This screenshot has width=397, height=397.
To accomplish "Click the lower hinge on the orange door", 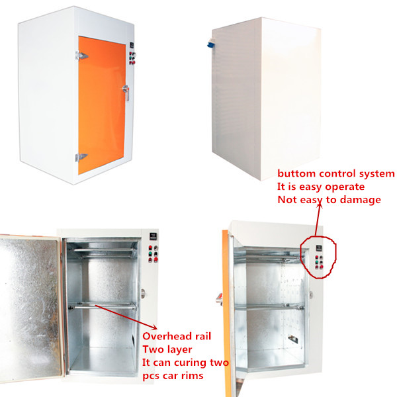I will coord(80,157).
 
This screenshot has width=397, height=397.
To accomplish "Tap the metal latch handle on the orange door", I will coord(124,93).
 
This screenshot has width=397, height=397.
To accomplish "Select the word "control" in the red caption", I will coord(337,174).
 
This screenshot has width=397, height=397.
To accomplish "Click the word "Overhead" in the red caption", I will coord(167,336).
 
